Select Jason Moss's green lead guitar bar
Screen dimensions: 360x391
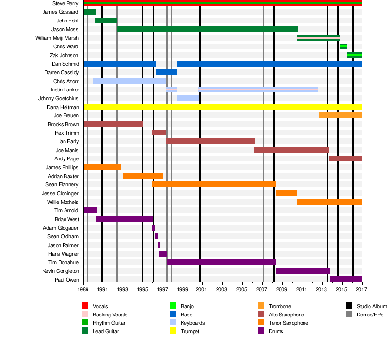click(x=207, y=29)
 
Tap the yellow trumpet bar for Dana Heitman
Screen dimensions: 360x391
click(x=223, y=107)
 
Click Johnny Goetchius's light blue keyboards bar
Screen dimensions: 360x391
click(x=188, y=98)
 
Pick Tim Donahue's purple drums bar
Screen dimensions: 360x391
click(x=221, y=262)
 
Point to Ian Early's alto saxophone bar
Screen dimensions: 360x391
click(x=210, y=141)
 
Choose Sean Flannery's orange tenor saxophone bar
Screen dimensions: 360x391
click(x=214, y=184)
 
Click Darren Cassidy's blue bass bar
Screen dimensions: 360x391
click(x=166, y=72)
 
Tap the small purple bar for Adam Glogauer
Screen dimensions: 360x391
click(x=154, y=228)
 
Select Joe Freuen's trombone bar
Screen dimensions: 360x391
click(x=341, y=115)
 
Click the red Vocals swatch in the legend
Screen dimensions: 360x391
click(x=85, y=306)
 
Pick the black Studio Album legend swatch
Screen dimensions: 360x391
click(x=349, y=306)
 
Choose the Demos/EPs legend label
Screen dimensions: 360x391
click(x=370, y=315)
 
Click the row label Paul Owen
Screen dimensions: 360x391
click(x=66, y=280)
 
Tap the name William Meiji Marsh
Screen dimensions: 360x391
click(x=57, y=38)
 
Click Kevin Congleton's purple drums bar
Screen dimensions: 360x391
click(x=303, y=271)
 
